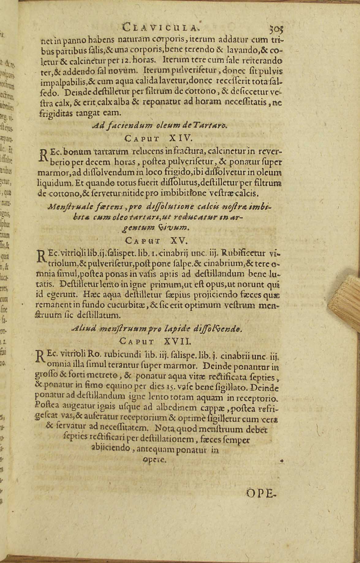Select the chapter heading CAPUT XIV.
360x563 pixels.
coord(159,138)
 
